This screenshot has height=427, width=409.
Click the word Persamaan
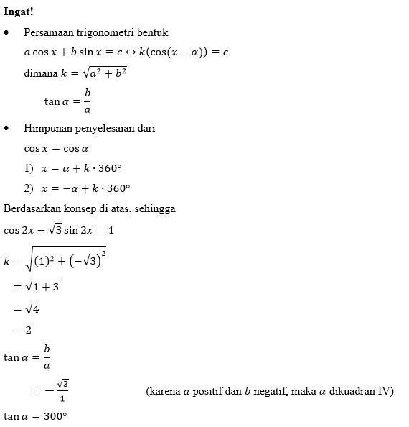[47, 33]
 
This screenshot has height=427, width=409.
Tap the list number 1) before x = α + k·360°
[29, 168]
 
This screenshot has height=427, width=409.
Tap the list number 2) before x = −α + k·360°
[29, 188]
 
